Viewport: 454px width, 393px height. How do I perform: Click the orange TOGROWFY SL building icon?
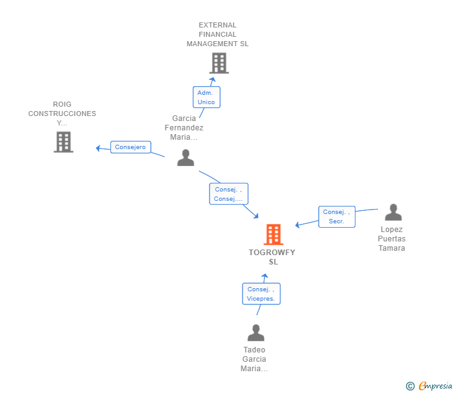tap(273, 235)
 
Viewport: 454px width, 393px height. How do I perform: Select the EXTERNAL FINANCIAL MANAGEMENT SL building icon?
tap(219, 63)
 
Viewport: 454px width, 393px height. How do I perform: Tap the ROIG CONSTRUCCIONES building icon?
tap(64, 142)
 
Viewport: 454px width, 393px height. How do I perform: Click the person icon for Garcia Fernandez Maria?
tap(186, 158)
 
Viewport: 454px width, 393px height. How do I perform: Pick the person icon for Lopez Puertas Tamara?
tap(393, 212)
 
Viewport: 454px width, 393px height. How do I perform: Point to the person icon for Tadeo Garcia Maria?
tap(256, 332)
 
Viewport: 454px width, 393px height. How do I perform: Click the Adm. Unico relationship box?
tap(206, 97)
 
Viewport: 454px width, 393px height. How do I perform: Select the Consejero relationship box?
tap(130, 147)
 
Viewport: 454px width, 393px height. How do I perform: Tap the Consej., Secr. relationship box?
tap(337, 216)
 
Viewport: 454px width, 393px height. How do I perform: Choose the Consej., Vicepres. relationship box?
tap(261, 294)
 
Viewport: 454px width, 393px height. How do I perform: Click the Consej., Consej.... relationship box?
tap(229, 194)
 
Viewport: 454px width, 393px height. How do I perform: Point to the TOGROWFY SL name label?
tap(272, 257)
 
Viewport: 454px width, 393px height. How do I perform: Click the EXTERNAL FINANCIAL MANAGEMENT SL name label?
tap(218, 34)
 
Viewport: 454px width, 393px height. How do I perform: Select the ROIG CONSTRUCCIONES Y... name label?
tap(62, 114)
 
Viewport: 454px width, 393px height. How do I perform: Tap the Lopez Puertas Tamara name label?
tap(392, 239)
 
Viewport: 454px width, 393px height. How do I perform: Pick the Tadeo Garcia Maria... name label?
tap(254, 359)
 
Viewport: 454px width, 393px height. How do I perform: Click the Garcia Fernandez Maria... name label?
tap(184, 128)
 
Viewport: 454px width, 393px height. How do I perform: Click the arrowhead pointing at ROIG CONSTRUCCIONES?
tap(98, 148)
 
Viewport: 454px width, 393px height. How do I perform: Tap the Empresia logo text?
tap(435, 386)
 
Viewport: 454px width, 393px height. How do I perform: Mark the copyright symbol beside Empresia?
tap(410, 386)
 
